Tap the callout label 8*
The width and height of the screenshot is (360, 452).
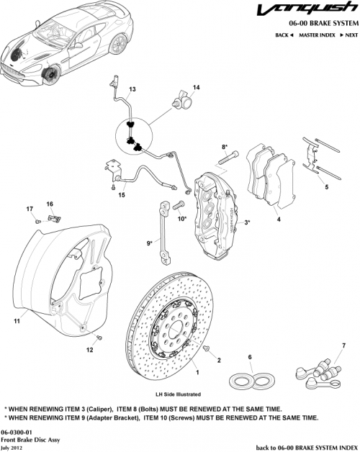coord(224,147)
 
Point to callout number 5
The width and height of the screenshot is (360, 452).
coord(327,187)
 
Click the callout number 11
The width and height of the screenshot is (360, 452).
coord(15,321)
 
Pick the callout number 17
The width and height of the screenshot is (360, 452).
coord(30,209)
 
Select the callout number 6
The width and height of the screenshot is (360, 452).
coord(249,357)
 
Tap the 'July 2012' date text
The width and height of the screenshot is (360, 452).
coord(14,446)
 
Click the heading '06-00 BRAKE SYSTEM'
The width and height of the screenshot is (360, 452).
coord(317,23)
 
